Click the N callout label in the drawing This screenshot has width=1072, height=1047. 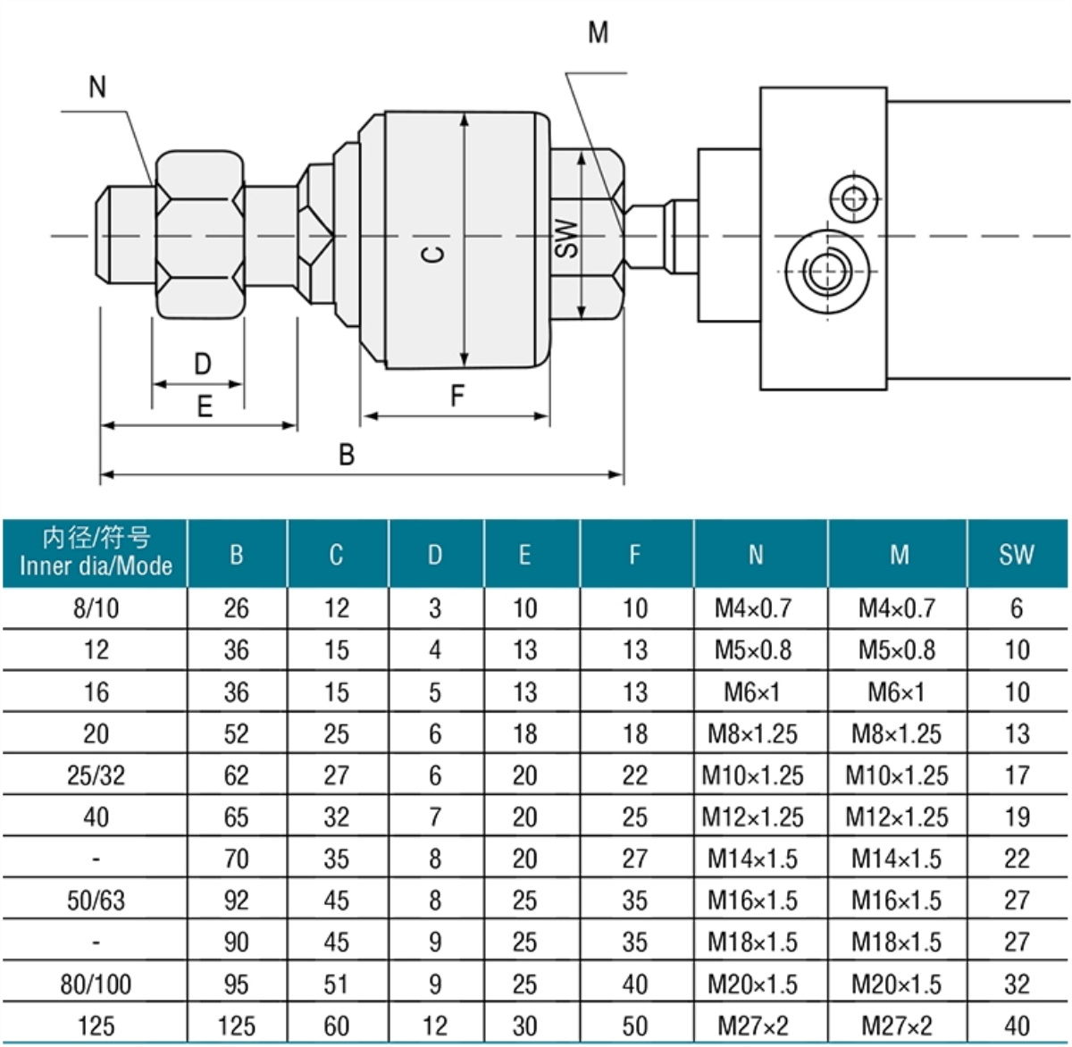coord(97,87)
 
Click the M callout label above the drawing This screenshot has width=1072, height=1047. coord(599,32)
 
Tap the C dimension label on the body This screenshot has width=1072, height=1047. coord(433,254)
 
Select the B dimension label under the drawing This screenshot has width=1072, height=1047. coord(347,455)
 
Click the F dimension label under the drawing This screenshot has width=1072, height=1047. coord(457,396)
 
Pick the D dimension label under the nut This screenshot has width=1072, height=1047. coord(203,364)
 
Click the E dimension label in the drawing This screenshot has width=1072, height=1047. coord(205,407)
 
